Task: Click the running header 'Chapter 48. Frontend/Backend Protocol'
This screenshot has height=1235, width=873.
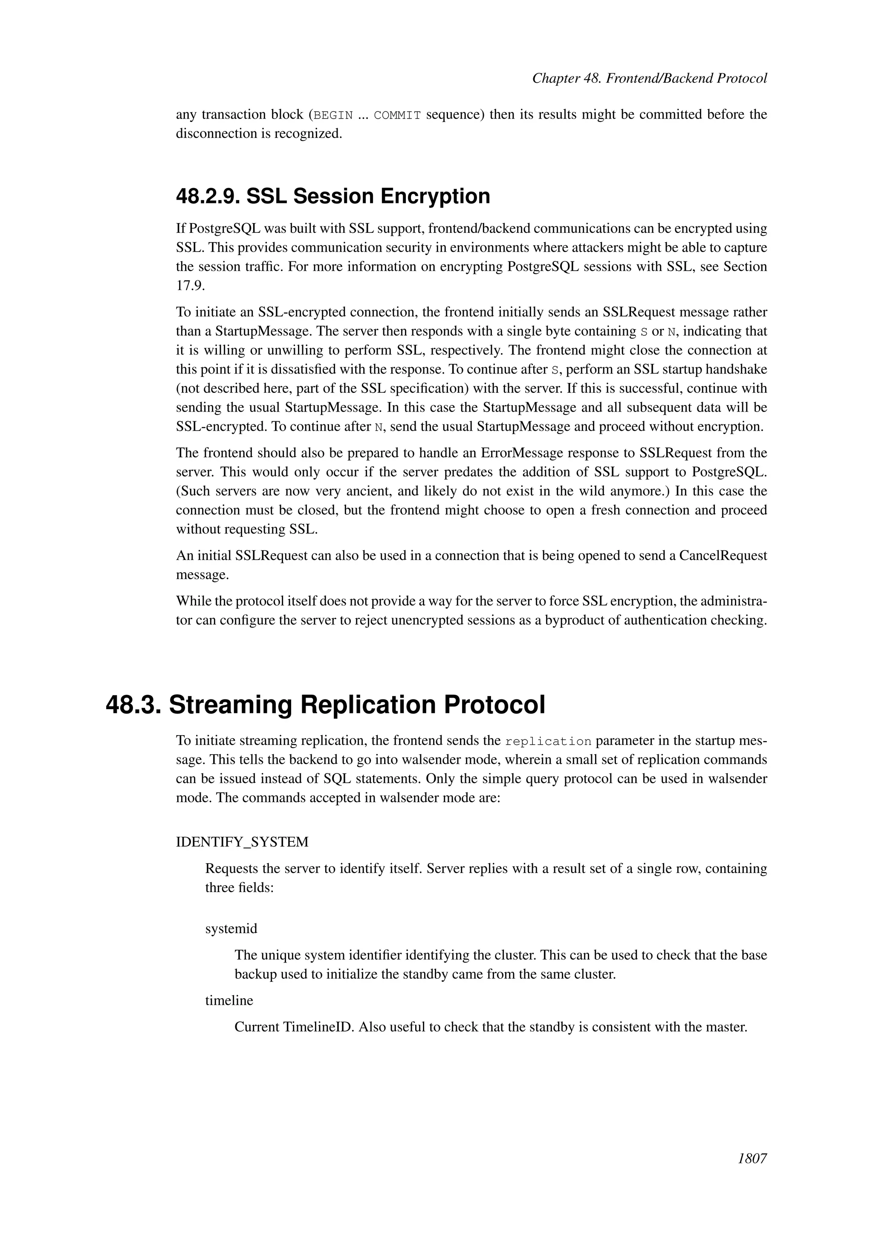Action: [x=649, y=78]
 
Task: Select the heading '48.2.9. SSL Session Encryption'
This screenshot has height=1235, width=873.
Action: [x=333, y=196]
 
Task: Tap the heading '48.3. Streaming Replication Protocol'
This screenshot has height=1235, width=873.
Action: [x=325, y=705]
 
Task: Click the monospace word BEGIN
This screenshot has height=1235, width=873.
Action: [x=333, y=115]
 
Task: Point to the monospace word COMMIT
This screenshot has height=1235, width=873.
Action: [x=397, y=115]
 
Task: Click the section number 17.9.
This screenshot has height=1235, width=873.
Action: [x=190, y=286]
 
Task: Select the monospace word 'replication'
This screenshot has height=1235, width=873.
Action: [x=548, y=742]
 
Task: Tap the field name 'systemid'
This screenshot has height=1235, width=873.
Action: [x=231, y=928]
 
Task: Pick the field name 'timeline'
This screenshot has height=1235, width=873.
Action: [x=229, y=1000]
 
